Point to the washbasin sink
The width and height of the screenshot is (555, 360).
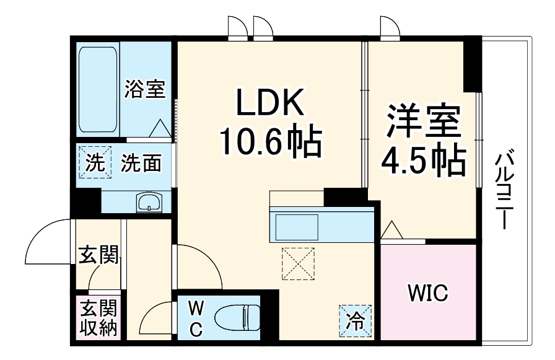(149, 202)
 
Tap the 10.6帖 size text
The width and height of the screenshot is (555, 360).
(268, 142)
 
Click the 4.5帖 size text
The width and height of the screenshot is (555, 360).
(424, 160)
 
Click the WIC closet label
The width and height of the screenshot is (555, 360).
(427, 292)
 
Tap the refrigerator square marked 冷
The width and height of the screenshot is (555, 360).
(355, 321)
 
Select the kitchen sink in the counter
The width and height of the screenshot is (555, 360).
(297, 227)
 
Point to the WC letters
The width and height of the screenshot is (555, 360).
(195, 318)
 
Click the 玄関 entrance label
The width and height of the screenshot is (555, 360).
(98, 255)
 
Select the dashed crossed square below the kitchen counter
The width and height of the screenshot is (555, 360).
(298, 264)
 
